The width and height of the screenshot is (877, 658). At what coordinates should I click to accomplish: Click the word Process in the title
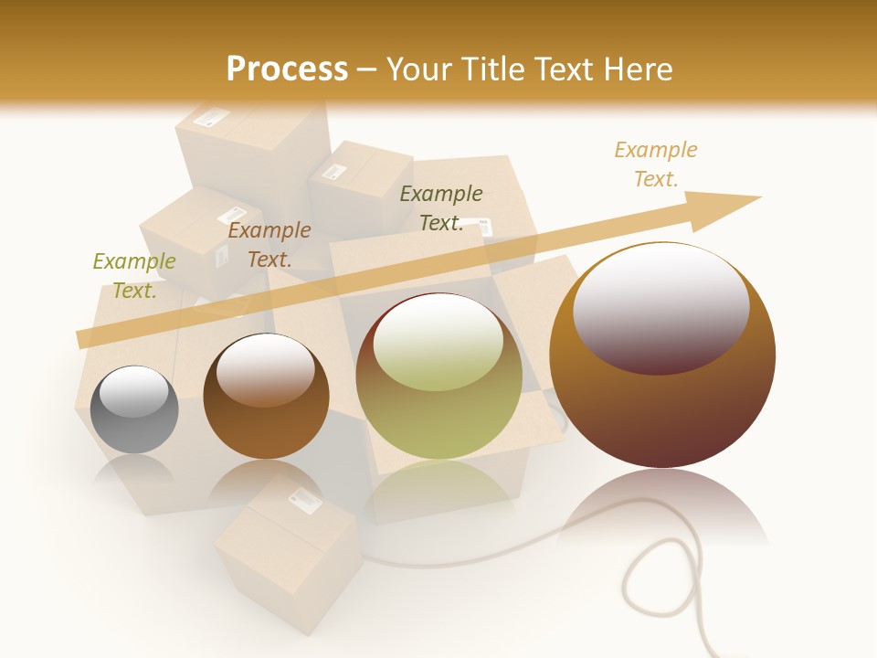[x=287, y=69]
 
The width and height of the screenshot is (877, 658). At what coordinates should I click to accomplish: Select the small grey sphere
[x=134, y=409]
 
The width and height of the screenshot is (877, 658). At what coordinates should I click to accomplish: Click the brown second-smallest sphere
[x=266, y=397]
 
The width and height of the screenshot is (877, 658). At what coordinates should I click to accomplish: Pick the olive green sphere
[x=438, y=377]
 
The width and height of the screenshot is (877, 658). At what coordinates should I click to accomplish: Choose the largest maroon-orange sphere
[x=662, y=356]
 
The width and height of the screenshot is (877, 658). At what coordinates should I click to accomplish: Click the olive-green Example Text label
[x=134, y=275]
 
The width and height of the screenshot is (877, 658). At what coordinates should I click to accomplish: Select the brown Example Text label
[x=269, y=245]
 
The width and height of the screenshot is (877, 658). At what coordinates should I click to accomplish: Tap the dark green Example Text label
[x=441, y=207]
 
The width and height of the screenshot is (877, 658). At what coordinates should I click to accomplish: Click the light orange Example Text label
[x=656, y=164]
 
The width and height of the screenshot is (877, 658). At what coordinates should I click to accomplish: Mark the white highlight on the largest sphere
[x=661, y=306]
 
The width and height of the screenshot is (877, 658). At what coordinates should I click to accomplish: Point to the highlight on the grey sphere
[x=134, y=391]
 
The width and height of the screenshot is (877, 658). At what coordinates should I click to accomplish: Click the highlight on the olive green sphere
[x=438, y=343]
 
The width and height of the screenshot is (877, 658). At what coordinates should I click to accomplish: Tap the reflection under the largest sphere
[x=662, y=507]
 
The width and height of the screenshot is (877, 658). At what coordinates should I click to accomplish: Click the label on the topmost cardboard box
[x=211, y=117]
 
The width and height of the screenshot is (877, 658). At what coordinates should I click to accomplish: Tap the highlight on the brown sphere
[x=266, y=369]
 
